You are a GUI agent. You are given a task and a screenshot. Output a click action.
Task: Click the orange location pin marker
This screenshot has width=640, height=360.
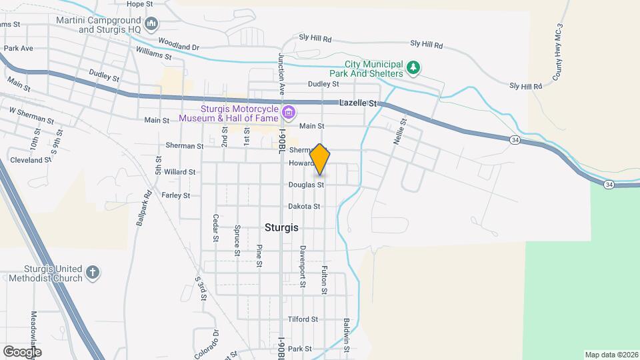pos(320,159)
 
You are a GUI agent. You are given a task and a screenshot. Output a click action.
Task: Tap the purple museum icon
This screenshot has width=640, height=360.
pos(288,113)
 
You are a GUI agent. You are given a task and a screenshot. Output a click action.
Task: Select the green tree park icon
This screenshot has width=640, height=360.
pos(414,67)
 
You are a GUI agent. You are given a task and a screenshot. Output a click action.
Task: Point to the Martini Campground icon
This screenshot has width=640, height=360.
pos(151,25)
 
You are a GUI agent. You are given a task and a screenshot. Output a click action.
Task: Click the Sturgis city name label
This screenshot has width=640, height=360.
pos(281,227)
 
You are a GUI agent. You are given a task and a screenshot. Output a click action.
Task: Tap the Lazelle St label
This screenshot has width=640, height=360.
pos(358,103)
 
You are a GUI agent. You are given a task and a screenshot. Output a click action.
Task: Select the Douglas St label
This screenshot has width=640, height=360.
pos(306,185)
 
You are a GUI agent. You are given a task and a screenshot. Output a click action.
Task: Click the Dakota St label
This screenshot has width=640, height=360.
pos(304,207)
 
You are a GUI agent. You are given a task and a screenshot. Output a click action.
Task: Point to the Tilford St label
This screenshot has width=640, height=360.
pos(303,319)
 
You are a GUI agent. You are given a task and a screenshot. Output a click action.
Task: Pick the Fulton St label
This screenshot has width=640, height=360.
pos(324,278)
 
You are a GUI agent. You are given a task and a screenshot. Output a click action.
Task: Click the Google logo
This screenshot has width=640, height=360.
pos(22,351)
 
